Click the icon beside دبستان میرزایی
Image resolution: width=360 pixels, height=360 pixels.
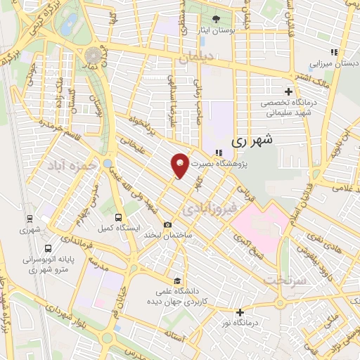point(334,52)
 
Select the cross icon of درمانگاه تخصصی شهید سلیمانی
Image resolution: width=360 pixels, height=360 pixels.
point(288,91)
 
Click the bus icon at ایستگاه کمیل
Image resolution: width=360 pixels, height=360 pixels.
point(118,217)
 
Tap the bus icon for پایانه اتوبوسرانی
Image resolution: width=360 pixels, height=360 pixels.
point(48,248)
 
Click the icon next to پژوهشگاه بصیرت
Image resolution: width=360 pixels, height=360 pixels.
point(219,152)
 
